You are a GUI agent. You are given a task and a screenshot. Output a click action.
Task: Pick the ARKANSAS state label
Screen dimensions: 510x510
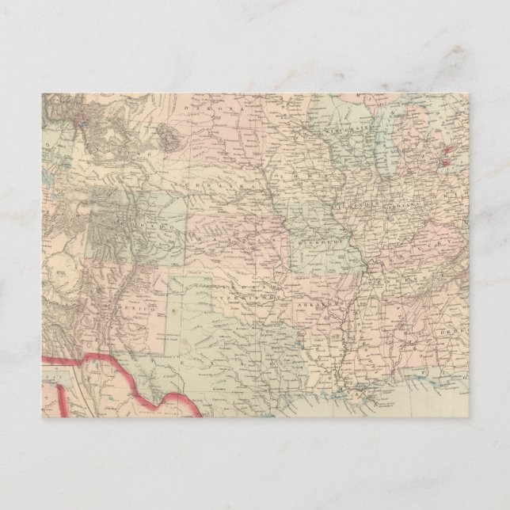pos(317,303)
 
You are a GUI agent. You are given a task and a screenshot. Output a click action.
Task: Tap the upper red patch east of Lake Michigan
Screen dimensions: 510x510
pos(449,148)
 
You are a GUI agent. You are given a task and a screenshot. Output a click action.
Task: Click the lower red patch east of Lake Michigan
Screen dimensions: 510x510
pos(444,162)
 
